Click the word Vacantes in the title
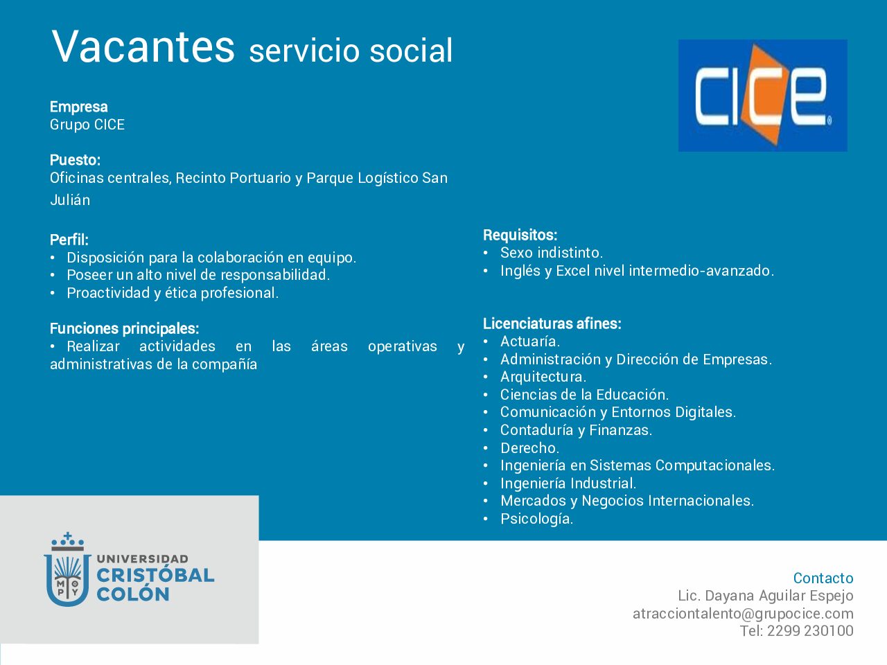tap(143, 46)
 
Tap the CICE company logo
tap(762, 96)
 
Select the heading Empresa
tap(79, 107)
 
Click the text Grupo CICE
tap(87, 125)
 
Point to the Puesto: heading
tap(75, 160)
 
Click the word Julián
tap(70, 200)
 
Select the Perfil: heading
tap(69, 240)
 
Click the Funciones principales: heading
tap(125, 328)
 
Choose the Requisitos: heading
tap(520, 235)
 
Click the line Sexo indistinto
tap(551, 253)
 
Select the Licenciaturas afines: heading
tap(552, 323)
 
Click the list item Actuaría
tap(530, 342)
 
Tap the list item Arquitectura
tap(543, 377)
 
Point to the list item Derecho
tap(530, 447)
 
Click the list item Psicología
tap(536, 519)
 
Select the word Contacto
tap(823, 578)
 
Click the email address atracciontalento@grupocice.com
tap(743, 614)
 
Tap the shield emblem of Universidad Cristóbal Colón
tap(67, 570)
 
